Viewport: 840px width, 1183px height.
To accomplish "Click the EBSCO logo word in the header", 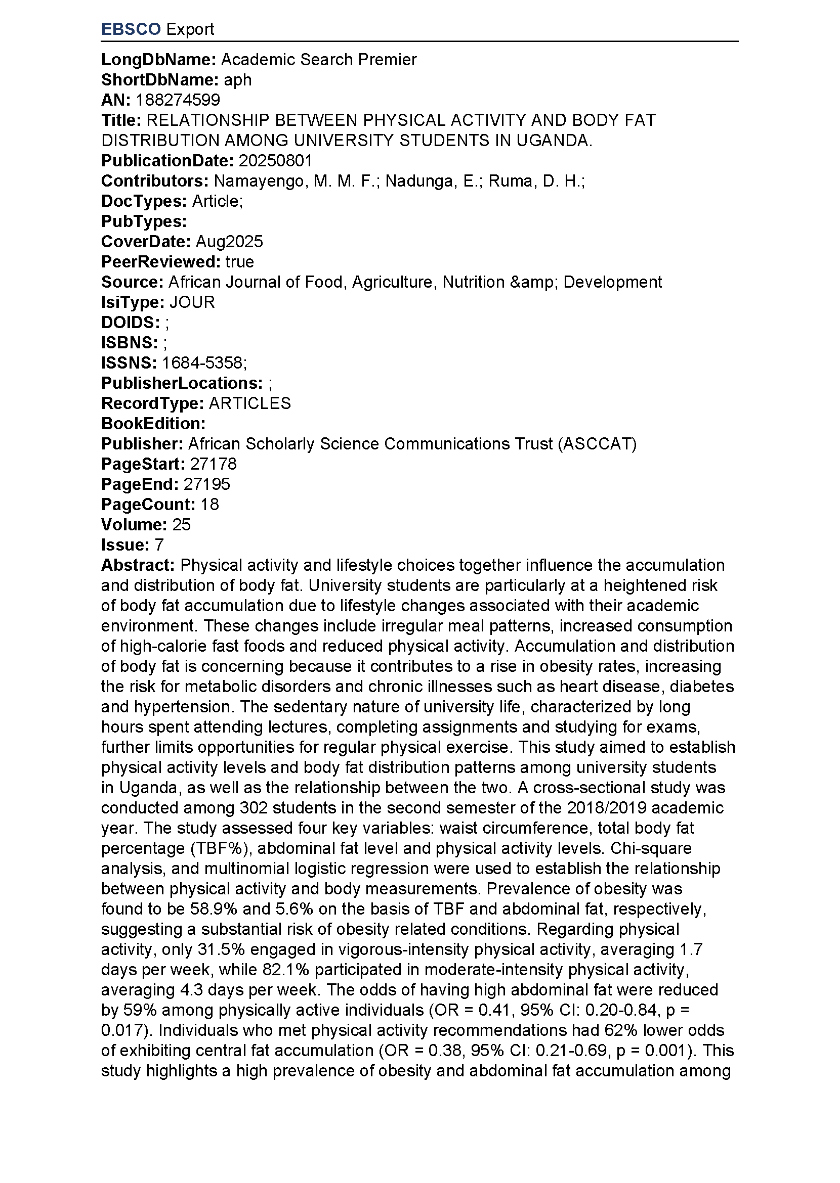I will [131, 29].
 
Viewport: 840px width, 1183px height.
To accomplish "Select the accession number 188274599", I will [178, 100].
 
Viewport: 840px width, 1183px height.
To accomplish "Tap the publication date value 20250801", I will [275, 161].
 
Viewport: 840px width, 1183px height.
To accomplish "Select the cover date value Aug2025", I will [229, 241].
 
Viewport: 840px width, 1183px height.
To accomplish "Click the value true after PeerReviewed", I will [239, 261].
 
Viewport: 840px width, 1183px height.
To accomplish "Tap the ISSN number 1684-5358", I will [202, 363].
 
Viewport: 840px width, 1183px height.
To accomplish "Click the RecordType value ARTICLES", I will [250, 403].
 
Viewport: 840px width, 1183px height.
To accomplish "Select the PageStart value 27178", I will [213, 464].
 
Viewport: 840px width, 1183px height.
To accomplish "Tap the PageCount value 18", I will [209, 504].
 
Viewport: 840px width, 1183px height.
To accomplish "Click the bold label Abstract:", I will [138, 565].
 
